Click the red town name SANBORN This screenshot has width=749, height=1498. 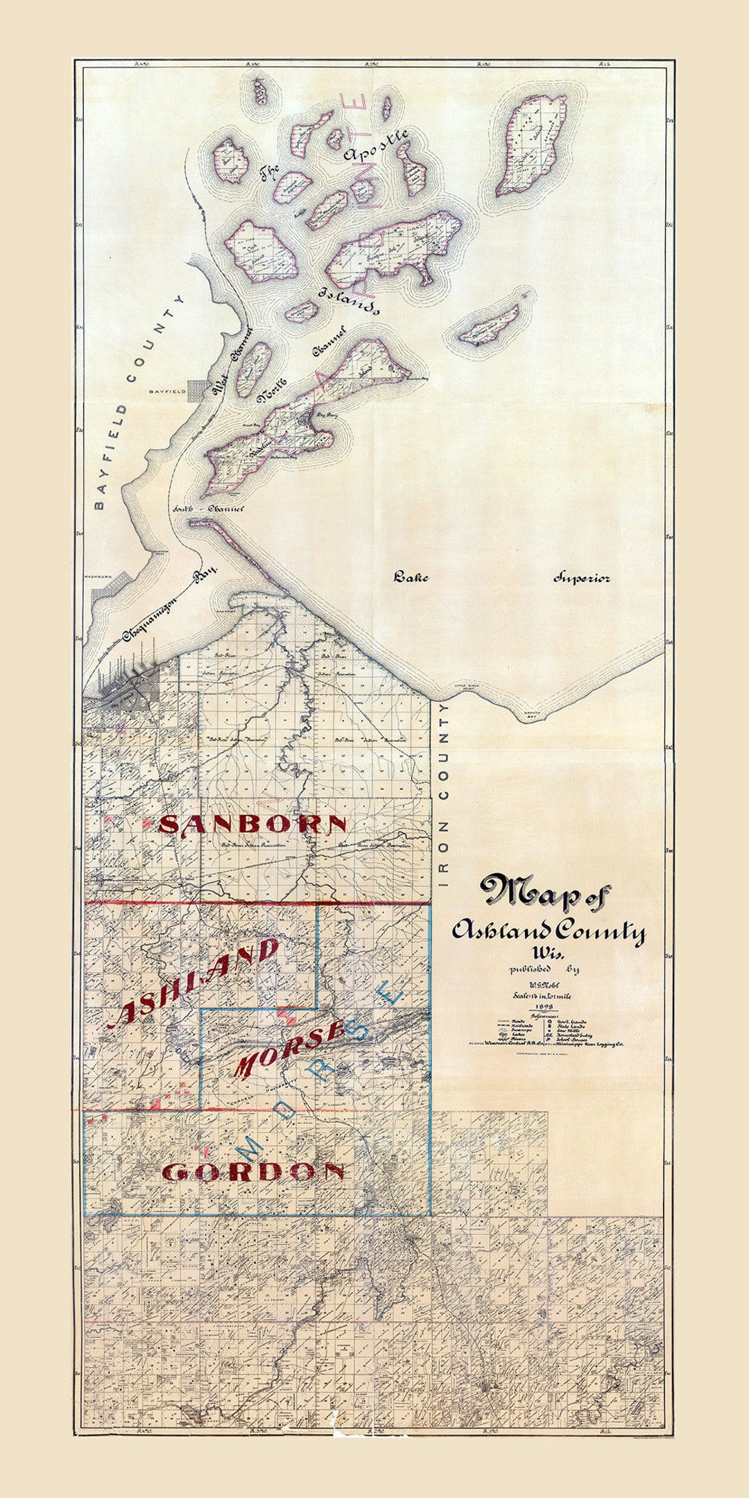(x=252, y=825)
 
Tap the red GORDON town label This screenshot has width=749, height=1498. (x=253, y=1171)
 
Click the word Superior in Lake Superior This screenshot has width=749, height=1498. (x=581, y=578)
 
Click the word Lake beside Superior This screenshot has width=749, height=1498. (x=411, y=577)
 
